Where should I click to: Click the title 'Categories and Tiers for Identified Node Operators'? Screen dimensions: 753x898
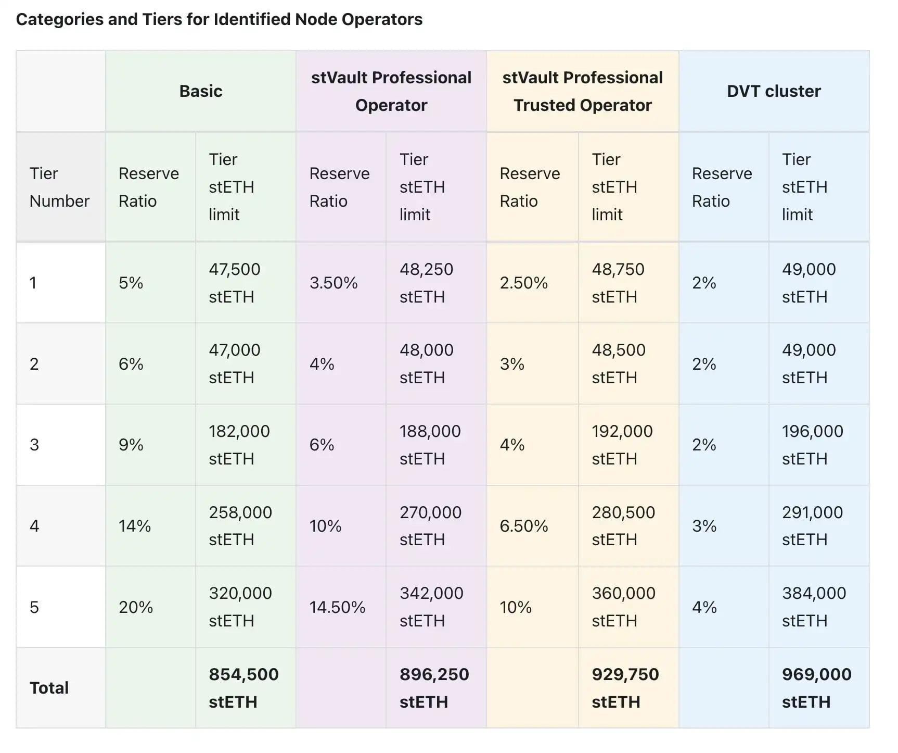(x=219, y=19)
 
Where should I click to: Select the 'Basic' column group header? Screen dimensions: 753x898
(x=201, y=91)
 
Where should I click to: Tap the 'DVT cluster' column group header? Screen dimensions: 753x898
(x=774, y=91)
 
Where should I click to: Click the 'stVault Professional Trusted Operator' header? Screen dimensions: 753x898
(x=582, y=91)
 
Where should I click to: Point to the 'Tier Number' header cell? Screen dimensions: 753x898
(x=59, y=187)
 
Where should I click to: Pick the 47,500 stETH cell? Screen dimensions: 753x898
(x=235, y=283)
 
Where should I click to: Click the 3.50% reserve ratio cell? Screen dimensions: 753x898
(x=333, y=283)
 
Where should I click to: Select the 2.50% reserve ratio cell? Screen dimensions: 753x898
(x=523, y=283)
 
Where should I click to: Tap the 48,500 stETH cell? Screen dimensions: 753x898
(x=619, y=363)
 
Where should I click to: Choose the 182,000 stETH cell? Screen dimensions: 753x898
(x=239, y=445)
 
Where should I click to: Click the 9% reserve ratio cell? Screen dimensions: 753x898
(x=131, y=445)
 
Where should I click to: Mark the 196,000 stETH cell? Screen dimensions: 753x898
(x=812, y=445)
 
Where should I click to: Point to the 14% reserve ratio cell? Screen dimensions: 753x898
(x=135, y=526)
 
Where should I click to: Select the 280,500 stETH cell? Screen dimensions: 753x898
(x=623, y=526)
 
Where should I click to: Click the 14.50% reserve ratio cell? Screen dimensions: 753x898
(x=337, y=607)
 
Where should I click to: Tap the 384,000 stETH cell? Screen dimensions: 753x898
(x=814, y=607)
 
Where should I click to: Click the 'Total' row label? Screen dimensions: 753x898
(x=49, y=688)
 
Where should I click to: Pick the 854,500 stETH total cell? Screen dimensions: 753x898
(x=243, y=688)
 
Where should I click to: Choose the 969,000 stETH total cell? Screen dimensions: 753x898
(x=816, y=688)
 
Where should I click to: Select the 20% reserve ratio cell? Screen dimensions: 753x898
(x=136, y=607)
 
